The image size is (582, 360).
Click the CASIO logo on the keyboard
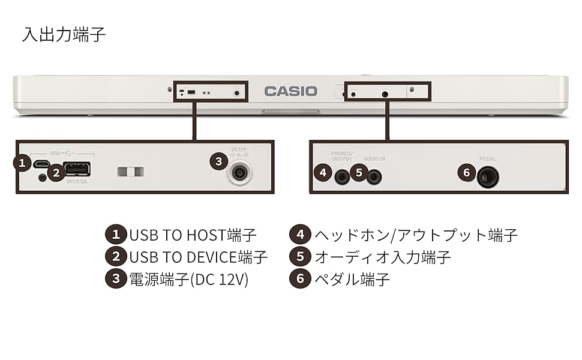291,91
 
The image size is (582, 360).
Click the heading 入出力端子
64,34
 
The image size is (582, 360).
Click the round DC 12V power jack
240,173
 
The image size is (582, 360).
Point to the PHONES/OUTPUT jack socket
343,176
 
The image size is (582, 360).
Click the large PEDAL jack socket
488,176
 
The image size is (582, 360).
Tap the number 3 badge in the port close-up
218,161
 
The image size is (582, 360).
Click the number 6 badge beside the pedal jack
467,173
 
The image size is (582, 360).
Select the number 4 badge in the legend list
300,234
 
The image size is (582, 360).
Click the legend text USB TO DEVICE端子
199,257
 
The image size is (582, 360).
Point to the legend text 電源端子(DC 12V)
189,280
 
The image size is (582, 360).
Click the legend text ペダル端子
352,280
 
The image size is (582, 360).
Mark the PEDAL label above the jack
487,159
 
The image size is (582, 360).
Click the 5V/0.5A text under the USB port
76,181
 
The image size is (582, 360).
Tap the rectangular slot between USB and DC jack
131,172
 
